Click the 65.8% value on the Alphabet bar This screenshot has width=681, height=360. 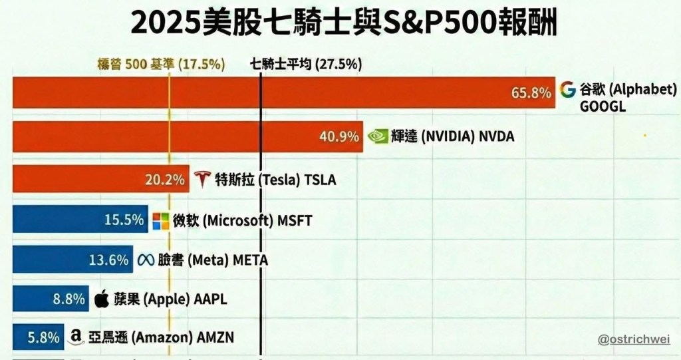[531, 92]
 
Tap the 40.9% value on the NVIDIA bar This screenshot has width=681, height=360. [339, 136]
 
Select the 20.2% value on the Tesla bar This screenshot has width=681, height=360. [164, 179]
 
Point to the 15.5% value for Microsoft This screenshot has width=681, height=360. [124, 220]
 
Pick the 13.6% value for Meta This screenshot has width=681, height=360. [108, 260]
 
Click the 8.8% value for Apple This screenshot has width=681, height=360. [69, 299]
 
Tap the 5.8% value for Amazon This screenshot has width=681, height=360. [43, 337]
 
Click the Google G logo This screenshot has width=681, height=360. [567, 90]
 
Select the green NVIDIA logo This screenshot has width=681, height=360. [378, 136]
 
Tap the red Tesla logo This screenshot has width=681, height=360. [202, 179]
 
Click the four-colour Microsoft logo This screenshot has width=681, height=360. [161, 220]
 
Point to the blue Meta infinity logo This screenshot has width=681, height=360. [146, 260]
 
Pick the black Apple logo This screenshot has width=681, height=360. [102, 299]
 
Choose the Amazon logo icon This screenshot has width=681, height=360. [76, 338]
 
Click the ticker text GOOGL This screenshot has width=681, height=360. [603, 106]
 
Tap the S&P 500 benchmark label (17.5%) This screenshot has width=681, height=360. [161, 64]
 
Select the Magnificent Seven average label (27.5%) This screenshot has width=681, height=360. [306, 64]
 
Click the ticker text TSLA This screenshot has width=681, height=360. [321, 180]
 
